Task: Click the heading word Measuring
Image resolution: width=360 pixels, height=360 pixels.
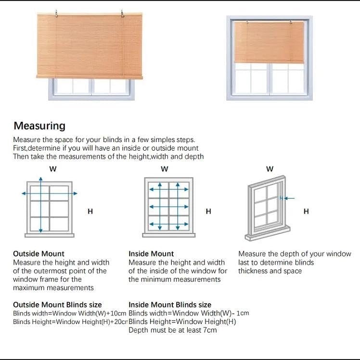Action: click(x=39, y=126)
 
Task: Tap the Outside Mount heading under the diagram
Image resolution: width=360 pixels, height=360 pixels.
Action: click(x=39, y=254)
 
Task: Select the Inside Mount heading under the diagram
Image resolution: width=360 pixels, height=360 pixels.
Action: click(x=151, y=254)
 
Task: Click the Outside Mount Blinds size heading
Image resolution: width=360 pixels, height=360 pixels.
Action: click(x=57, y=305)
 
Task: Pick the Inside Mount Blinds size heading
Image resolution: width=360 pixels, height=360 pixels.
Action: click(x=170, y=305)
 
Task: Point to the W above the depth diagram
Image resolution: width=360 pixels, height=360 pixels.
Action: click(x=270, y=169)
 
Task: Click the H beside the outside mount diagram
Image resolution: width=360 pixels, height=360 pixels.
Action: click(x=90, y=211)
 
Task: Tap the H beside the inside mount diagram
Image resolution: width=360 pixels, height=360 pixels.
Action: click(x=208, y=211)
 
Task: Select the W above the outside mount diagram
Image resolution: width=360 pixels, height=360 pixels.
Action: click(x=52, y=169)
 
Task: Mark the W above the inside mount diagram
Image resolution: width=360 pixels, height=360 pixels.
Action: click(x=165, y=169)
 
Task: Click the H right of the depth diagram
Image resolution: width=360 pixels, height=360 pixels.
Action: click(x=306, y=211)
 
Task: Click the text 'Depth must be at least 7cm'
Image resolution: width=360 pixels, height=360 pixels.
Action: click(x=172, y=330)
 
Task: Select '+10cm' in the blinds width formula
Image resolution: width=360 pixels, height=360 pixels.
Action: click(x=117, y=313)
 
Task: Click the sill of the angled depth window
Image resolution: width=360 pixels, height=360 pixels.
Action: click(x=268, y=234)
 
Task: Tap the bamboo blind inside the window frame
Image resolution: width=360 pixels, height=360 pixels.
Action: click(x=269, y=42)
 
